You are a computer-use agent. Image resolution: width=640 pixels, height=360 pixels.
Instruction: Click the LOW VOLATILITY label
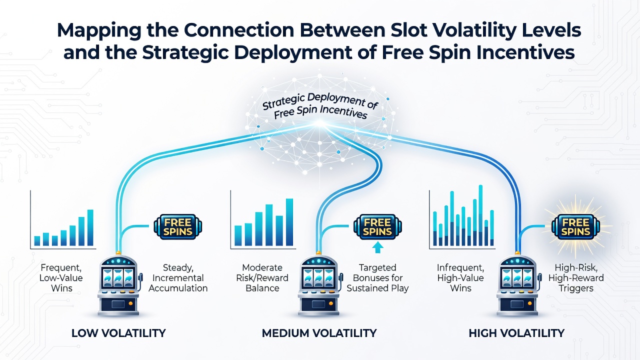click(x=118, y=333)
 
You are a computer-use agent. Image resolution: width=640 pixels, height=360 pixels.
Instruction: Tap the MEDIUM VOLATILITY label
click(x=319, y=333)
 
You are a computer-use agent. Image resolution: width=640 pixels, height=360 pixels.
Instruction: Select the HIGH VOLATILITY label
click(x=516, y=333)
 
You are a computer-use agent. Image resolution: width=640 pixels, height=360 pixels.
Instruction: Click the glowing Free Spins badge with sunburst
click(x=575, y=227)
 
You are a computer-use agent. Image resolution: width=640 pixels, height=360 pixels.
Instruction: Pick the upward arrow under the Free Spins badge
click(x=377, y=247)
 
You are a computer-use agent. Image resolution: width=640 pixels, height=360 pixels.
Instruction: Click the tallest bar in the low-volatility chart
click(x=90, y=227)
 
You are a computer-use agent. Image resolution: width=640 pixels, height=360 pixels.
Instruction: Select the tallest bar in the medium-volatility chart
click(x=289, y=222)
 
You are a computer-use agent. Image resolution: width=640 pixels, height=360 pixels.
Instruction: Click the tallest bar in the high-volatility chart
click(x=480, y=215)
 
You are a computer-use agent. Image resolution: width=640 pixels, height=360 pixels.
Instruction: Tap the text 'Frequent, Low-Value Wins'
click(x=61, y=278)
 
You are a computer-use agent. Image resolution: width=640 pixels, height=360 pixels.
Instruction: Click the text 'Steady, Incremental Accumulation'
click(x=178, y=278)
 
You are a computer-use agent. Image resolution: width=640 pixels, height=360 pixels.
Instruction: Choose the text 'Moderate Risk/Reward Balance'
click(x=262, y=278)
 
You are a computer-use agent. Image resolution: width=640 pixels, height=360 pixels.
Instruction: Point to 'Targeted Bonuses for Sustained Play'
click(x=377, y=278)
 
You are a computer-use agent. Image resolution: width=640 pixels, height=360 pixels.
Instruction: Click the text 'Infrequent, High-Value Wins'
click(x=460, y=278)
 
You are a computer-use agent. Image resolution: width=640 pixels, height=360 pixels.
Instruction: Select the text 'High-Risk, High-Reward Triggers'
click(x=576, y=278)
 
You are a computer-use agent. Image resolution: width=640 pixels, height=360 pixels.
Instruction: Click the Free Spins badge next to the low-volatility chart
click(x=177, y=227)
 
